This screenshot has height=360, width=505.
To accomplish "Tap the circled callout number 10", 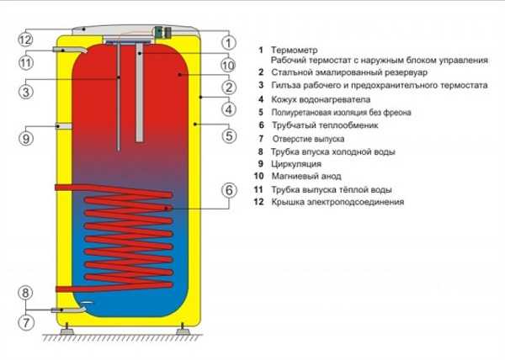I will [x=228, y=64].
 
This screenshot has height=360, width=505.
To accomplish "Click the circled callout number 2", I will [x=228, y=87].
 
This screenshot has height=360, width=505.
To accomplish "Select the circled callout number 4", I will [x=228, y=109].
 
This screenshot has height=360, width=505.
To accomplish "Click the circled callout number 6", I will [x=228, y=190].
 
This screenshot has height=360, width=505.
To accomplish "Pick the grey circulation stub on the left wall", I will [x=63, y=126].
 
